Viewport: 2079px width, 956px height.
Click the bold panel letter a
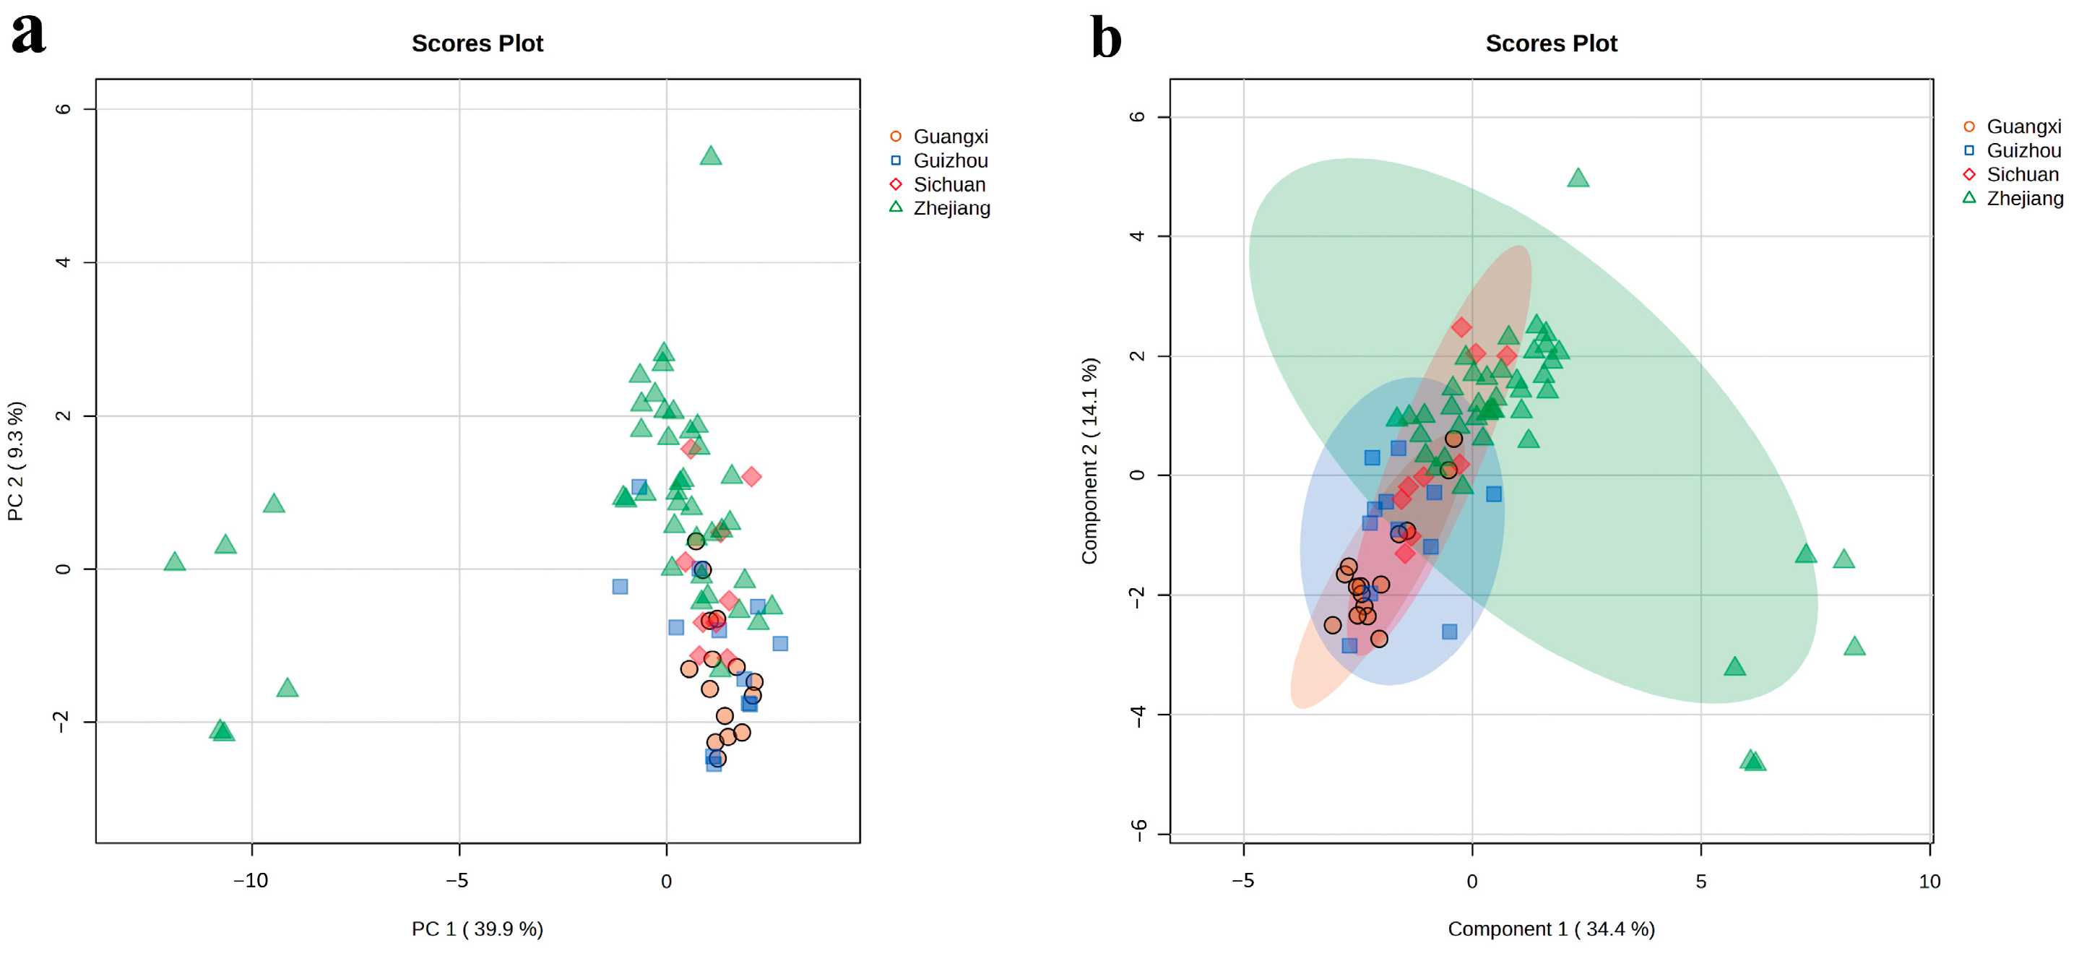(28, 34)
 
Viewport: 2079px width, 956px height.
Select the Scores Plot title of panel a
(477, 43)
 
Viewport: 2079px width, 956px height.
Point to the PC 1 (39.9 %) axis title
(477, 929)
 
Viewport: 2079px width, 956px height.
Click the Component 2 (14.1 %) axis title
(1089, 460)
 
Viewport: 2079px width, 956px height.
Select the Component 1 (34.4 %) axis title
(1550, 929)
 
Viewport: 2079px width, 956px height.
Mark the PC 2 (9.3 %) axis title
(15, 460)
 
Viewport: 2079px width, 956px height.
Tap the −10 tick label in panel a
(250, 881)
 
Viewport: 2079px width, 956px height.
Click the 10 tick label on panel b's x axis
(1929, 882)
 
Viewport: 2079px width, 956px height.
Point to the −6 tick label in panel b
(1138, 830)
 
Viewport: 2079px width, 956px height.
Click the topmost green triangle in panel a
(710, 156)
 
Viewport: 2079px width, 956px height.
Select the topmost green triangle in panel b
(1578, 178)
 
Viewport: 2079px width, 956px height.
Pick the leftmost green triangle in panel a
(174, 562)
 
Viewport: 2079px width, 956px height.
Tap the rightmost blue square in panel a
(779, 644)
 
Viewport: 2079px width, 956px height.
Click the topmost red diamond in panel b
(1461, 327)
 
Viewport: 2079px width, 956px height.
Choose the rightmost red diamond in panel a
(751, 477)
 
